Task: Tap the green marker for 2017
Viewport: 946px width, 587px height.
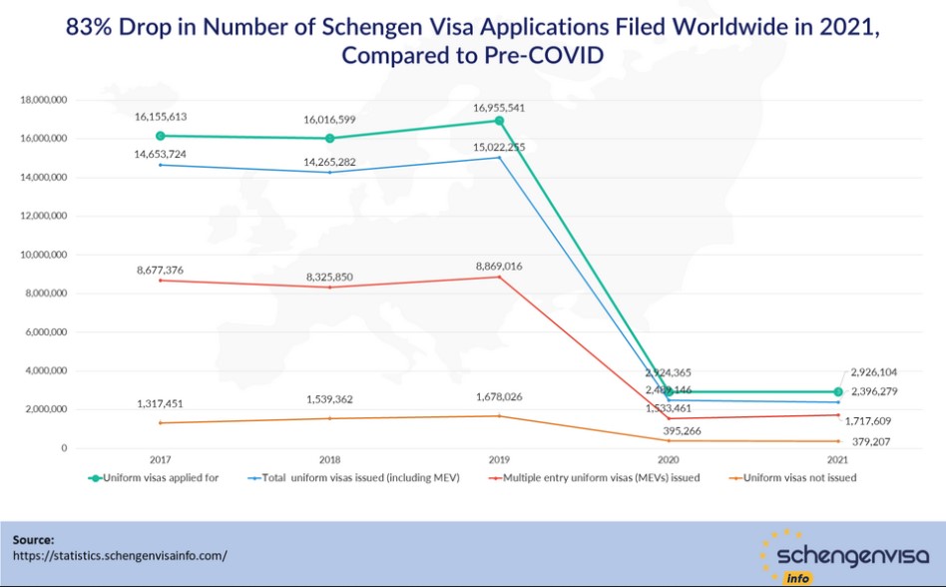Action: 161,136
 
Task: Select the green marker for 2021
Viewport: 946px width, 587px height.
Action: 838,391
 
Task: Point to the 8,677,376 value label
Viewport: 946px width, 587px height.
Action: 161,270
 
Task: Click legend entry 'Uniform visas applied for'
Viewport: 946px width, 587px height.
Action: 162,477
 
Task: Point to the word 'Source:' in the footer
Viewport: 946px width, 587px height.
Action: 33,539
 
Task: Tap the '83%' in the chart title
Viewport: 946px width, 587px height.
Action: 89,28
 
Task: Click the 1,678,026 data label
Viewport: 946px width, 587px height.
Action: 499,397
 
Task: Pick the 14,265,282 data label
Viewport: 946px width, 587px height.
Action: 329,162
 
